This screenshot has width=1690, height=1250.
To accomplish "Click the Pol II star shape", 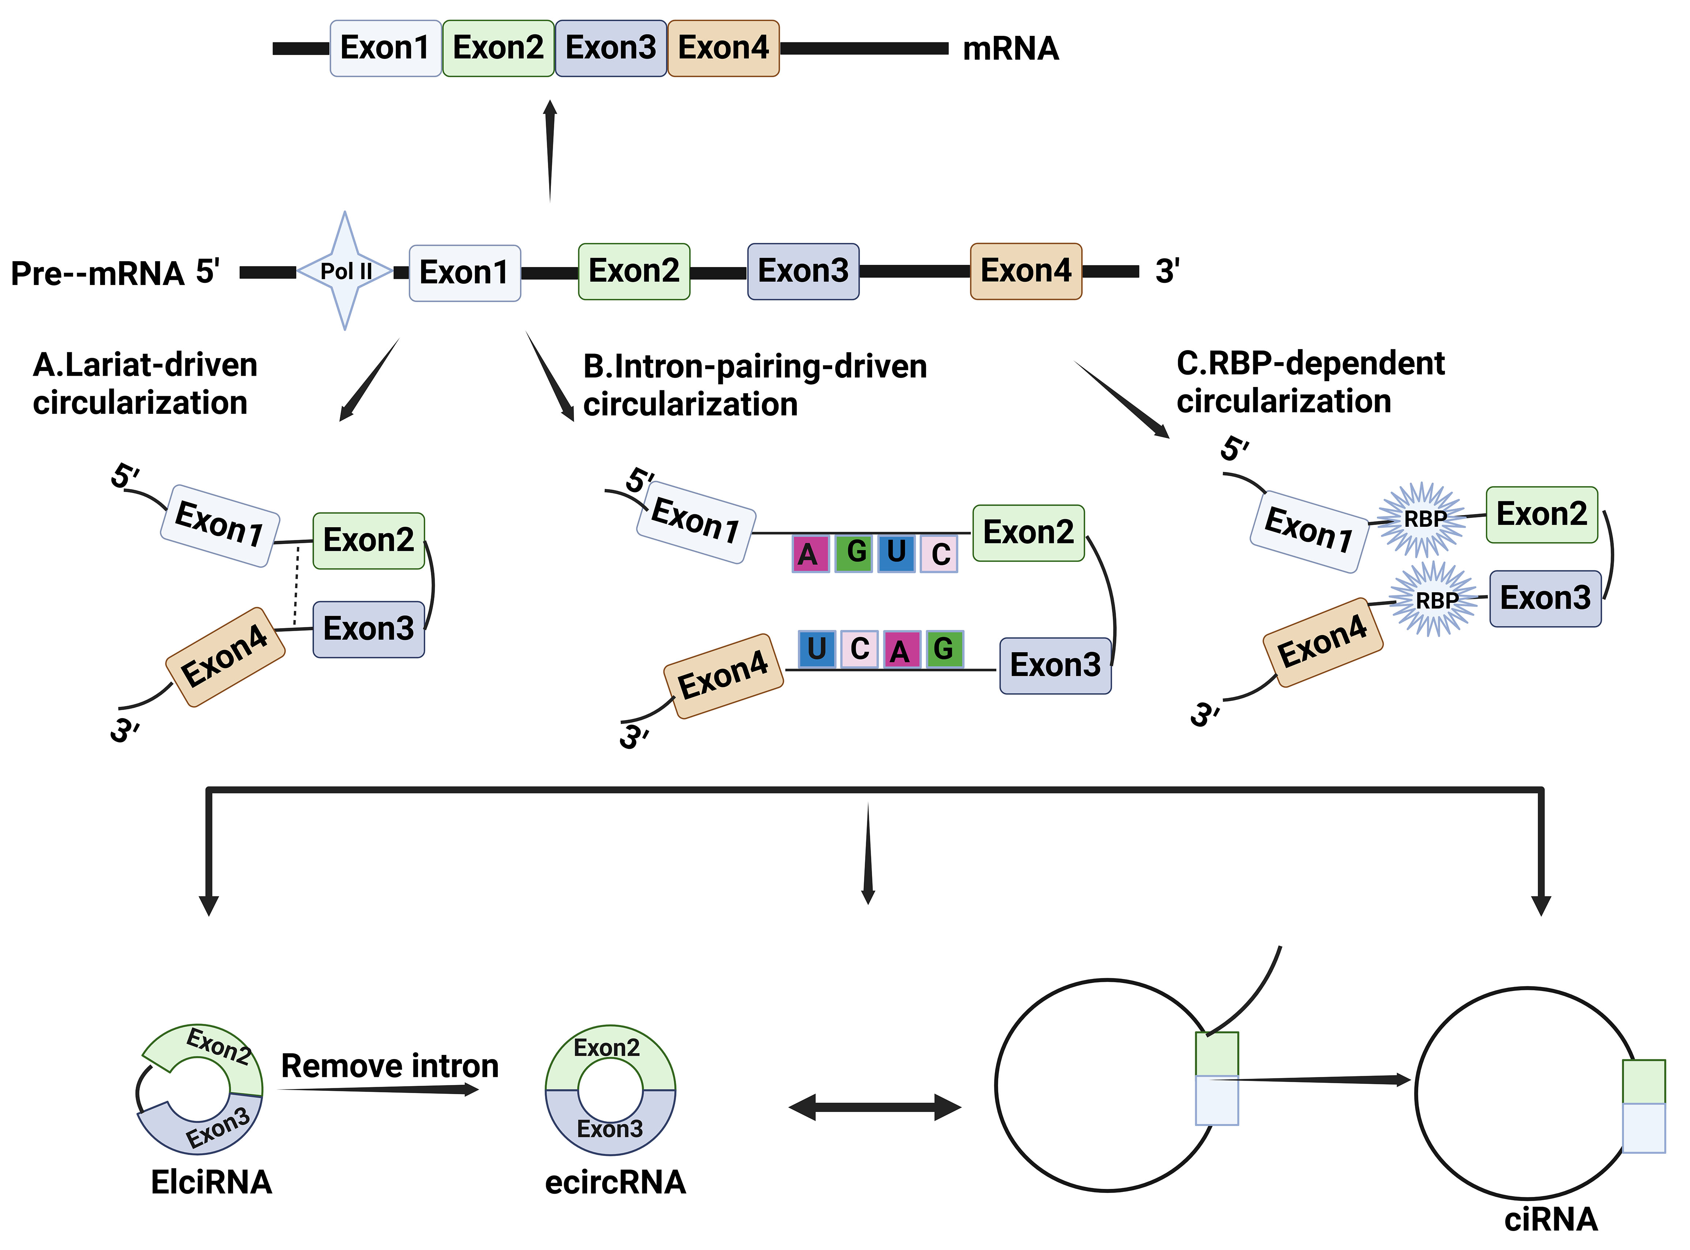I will [345, 271].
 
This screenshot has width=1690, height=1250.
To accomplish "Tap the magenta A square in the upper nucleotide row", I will [810, 554].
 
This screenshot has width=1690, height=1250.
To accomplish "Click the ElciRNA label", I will [211, 1182].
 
